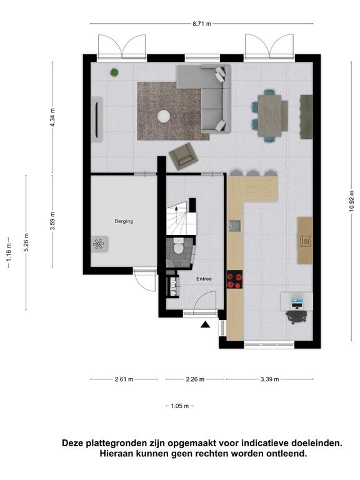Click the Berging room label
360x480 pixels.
(x=124, y=221)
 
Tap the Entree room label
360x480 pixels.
(x=204, y=279)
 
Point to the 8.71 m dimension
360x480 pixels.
(x=202, y=24)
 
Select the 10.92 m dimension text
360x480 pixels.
(x=351, y=201)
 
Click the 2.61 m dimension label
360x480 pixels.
(x=124, y=379)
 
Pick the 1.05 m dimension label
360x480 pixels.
(x=180, y=406)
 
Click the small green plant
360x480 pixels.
(x=114, y=72)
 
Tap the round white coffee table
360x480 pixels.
(x=164, y=116)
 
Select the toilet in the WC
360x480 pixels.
(x=178, y=247)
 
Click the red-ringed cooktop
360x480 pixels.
(x=234, y=279)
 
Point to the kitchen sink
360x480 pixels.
(x=236, y=226)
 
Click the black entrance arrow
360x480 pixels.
(x=205, y=325)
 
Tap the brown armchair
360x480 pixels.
(x=184, y=156)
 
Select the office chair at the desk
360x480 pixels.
(x=296, y=317)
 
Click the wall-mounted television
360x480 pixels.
(x=97, y=119)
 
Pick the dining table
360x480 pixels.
(x=269, y=116)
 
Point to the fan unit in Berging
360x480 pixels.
(x=99, y=244)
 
